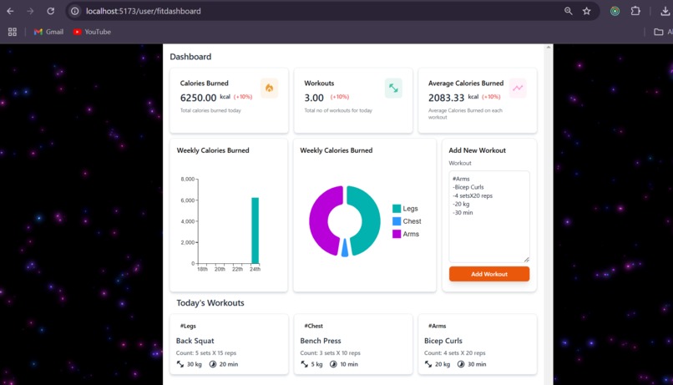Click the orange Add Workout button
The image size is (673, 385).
tap(488, 274)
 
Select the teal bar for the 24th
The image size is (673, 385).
tap(255, 230)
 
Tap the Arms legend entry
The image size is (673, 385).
tap(406, 234)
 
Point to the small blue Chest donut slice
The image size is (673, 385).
tap(345, 248)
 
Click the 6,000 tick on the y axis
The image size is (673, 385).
tap(188, 200)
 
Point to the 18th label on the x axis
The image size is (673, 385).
tap(202, 269)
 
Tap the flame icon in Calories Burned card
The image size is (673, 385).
tap(269, 88)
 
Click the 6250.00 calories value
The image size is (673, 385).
tap(198, 98)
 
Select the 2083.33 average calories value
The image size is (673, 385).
tap(446, 98)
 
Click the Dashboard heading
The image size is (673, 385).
tap(190, 57)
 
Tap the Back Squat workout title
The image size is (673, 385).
tap(195, 341)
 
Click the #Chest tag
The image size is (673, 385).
tap(313, 326)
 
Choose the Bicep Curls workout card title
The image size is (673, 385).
tap(443, 341)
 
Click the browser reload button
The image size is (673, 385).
tap(50, 11)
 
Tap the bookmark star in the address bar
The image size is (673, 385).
tap(587, 11)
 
